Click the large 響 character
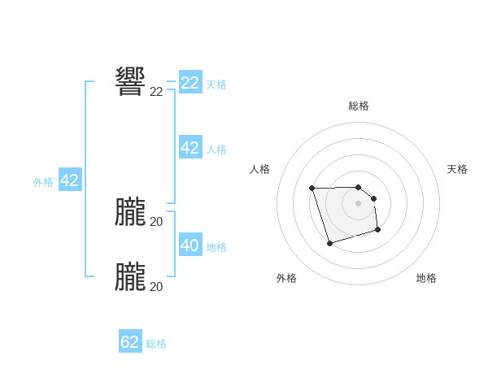coord(130,82)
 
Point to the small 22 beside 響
coord(156,92)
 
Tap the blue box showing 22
coord(190,83)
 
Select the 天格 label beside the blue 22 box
coord(216,84)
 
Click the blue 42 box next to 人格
coord(190,148)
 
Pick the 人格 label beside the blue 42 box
coord(216,150)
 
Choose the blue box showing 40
coord(190,245)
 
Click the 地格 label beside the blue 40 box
coord(216,247)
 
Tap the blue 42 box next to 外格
coord(69,180)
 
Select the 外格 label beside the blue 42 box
coord(43,182)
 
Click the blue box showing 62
coord(130,342)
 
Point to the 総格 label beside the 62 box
coord(156,344)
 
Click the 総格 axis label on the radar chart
coord(359,106)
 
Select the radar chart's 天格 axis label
coord(457,169)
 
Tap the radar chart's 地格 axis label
coord(426,278)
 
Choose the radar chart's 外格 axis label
coord(286,278)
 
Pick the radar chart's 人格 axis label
coord(260,169)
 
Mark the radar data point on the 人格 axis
coord(312,189)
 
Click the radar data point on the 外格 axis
coord(329,243)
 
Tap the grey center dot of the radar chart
coord(359,203)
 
